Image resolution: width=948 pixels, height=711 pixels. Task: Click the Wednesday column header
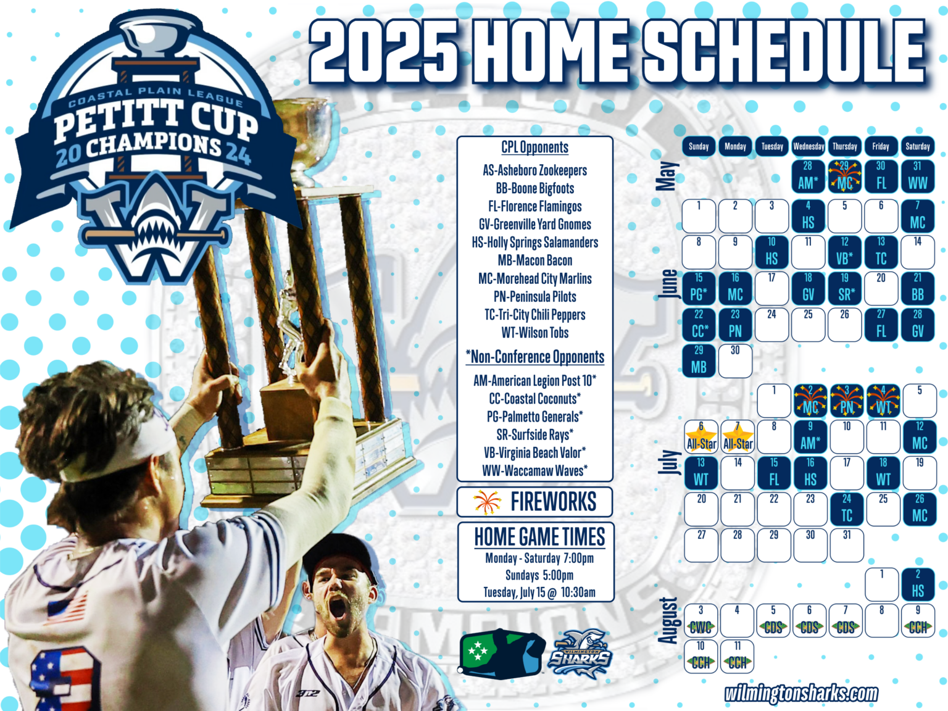(x=808, y=146)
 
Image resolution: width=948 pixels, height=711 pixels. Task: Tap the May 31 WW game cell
(x=917, y=176)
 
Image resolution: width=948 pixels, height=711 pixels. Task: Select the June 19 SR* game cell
(x=844, y=288)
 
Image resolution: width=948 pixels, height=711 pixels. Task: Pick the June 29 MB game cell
(x=699, y=360)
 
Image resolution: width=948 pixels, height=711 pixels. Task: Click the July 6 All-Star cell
(x=701, y=437)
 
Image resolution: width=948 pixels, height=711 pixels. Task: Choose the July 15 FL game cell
(x=774, y=473)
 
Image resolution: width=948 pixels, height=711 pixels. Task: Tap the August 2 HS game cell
(x=917, y=584)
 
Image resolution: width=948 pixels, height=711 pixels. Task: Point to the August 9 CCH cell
(x=917, y=621)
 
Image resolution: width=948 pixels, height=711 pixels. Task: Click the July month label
(x=669, y=462)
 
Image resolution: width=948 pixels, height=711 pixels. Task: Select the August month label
(x=669, y=620)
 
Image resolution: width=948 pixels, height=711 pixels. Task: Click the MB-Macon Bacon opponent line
(x=534, y=260)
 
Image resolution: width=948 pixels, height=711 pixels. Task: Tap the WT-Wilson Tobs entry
(x=534, y=333)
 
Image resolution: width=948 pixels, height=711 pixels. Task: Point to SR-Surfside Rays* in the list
(x=534, y=434)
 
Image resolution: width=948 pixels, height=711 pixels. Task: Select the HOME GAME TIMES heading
(x=539, y=537)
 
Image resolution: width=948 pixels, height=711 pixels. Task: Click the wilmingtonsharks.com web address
(x=801, y=694)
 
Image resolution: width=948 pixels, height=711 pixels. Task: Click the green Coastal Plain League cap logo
(x=501, y=653)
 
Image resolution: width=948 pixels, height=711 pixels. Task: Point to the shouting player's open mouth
(x=338, y=607)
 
